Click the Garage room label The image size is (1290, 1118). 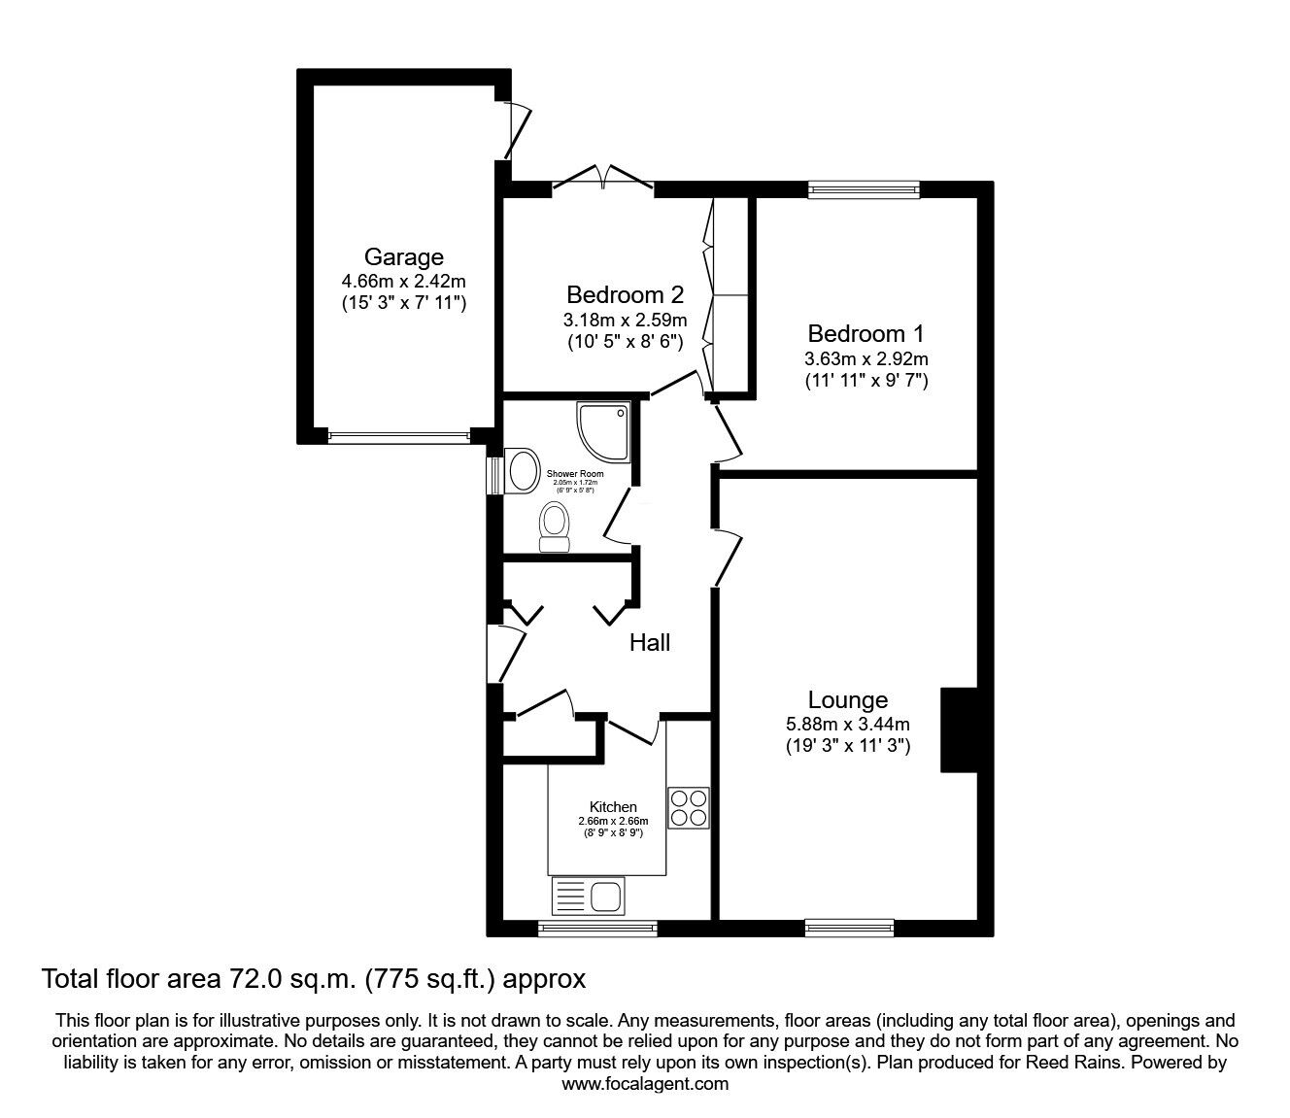point(403,257)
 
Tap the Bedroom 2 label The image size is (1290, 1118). point(626,294)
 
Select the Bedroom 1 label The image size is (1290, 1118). point(866,333)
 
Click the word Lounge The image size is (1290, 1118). point(847,699)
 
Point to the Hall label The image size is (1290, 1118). point(649,642)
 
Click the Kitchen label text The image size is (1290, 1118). point(613,806)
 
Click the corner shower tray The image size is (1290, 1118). point(602,428)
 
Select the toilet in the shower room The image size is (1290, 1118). point(555,525)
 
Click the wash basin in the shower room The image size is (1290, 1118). point(523,471)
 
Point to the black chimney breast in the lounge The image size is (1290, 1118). point(959,729)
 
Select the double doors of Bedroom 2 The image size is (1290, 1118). point(602,180)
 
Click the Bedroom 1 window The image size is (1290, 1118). point(863,190)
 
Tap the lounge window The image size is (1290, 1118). point(849,928)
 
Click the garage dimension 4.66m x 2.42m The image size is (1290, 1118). point(403,282)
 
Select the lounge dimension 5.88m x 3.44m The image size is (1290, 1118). point(847,724)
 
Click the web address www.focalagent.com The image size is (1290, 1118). point(645,1084)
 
